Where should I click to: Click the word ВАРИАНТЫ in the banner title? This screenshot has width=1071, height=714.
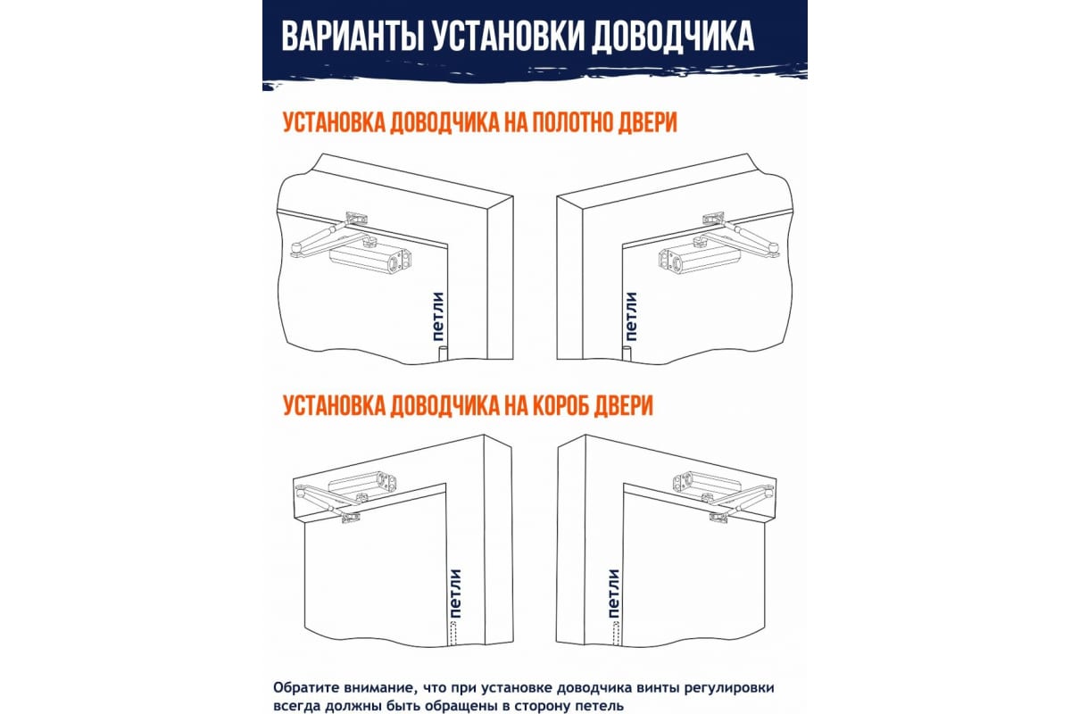coord(353,36)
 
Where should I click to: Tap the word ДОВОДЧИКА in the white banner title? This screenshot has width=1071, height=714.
coord(673,37)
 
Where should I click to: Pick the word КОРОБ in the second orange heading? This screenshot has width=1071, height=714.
coord(559,406)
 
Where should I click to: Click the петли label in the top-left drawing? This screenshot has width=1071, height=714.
coord(438,316)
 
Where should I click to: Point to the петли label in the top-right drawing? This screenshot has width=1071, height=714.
coord(631,316)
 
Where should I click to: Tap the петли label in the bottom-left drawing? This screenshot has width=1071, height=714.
coord(455,593)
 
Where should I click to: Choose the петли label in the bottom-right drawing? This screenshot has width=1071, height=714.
coord(613,593)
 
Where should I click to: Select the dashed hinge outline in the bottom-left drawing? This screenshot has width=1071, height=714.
coord(454,633)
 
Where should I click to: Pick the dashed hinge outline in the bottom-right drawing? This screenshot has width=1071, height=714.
coord(616,633)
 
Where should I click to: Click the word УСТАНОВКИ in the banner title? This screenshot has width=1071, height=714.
coord(508,36)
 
